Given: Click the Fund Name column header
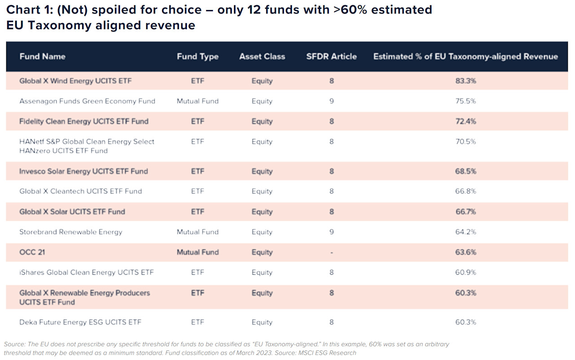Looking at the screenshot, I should coord(42,57).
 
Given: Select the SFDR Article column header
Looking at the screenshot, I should coord(331,57).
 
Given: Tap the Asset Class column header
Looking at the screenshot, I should coord(262,57).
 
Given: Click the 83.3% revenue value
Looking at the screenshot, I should coord(465,81).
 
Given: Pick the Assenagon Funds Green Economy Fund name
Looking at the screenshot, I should coord(87,101).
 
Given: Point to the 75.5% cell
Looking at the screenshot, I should coord(465,101).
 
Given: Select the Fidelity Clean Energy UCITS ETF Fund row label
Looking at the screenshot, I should coord(84,122).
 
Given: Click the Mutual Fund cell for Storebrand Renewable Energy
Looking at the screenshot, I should coord(198,232).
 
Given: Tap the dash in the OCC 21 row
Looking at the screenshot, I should coord(332,253).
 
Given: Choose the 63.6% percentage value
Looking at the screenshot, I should coord(465,252).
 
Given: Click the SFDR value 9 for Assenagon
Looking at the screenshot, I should coord(332,101).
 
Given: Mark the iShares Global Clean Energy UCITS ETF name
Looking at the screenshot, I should coord(86,272).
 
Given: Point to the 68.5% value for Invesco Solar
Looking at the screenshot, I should coord(465,171).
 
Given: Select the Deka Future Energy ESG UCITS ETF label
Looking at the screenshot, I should coord(80,322).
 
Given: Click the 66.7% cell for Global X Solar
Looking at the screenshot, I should coord(465,212).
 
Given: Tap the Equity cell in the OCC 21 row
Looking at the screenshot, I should coord(262,252).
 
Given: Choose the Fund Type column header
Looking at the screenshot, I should coord(198,57).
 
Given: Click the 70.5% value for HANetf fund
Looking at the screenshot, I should coord(465,142).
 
